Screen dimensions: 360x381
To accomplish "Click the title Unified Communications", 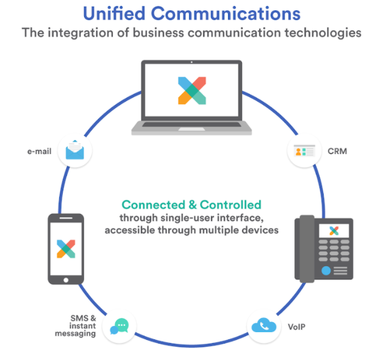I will coord(191,13).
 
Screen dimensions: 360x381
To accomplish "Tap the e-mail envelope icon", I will coord(75,149).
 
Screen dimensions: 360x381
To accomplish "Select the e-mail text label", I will coord(39,149).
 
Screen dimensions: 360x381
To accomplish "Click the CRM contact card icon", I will coord(304,150).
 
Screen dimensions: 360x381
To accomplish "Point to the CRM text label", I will coord(336,150).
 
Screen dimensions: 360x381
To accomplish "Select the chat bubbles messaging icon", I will coord(119,326).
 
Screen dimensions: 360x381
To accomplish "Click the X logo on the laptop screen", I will coord(191,90).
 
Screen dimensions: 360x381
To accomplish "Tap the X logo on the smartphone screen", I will coord(66,248).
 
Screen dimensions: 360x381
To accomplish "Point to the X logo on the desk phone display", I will coord(333,231).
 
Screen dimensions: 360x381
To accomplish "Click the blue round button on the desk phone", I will coord(326,270).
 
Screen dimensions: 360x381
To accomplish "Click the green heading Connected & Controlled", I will coord(191,205).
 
